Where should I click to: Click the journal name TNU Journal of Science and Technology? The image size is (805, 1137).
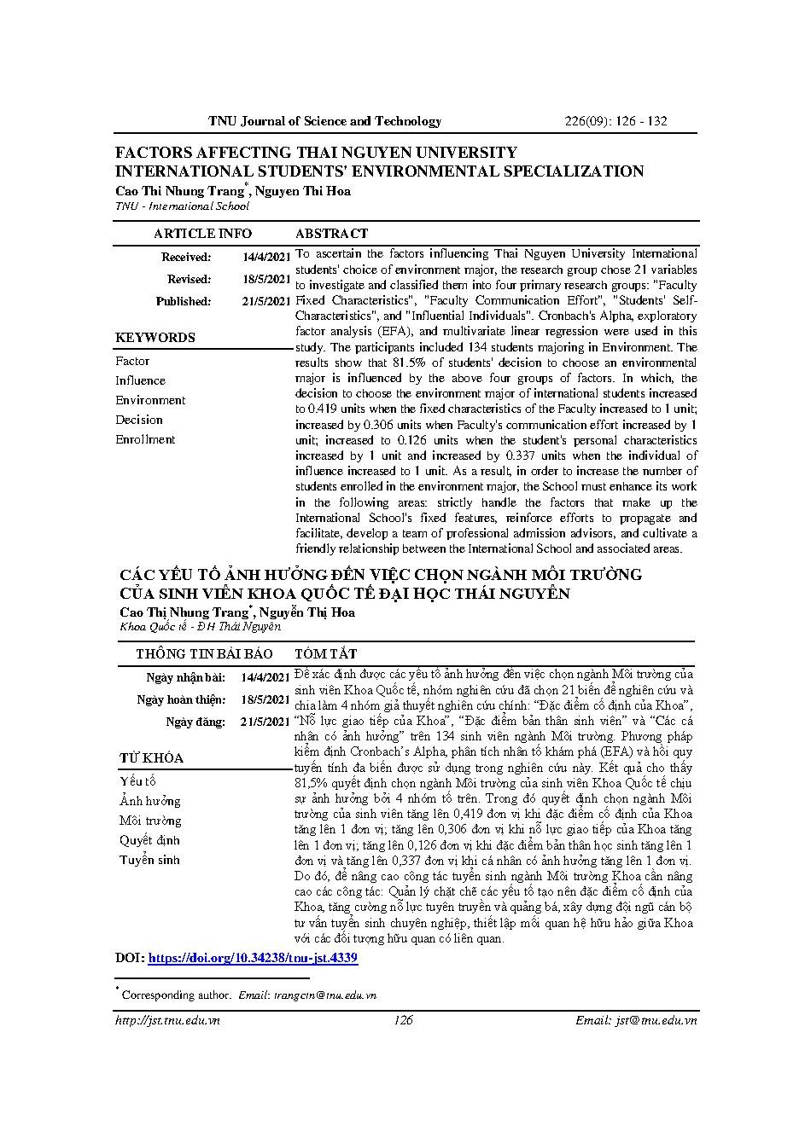pos(324,121)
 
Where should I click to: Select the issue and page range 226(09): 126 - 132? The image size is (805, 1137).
pos(615,121)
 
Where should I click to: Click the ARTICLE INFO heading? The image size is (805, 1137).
pos(202,234)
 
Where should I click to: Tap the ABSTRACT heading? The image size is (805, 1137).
pos(331,234)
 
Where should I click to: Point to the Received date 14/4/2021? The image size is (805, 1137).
pos(266,257)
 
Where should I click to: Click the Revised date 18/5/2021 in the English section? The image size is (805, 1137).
pos(266,279)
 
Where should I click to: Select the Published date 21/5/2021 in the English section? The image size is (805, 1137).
pos(266,301)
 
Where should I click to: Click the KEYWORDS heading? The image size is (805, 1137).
pos(155,338)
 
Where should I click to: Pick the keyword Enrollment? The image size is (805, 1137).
pos(145,439)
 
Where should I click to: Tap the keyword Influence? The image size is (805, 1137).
pos(140,380)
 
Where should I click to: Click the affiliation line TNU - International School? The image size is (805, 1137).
pos(183,206)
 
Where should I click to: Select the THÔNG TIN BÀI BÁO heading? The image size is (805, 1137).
pos(204,653)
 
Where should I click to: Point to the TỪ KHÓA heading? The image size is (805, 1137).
pos(151,758)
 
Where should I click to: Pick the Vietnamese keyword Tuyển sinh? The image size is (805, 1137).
pos(149,860)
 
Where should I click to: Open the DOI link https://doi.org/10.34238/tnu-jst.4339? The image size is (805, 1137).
pos(253,958)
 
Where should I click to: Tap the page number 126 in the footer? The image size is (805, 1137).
pos(403,1020)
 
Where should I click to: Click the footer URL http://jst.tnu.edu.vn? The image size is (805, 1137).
pos(167,1020)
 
